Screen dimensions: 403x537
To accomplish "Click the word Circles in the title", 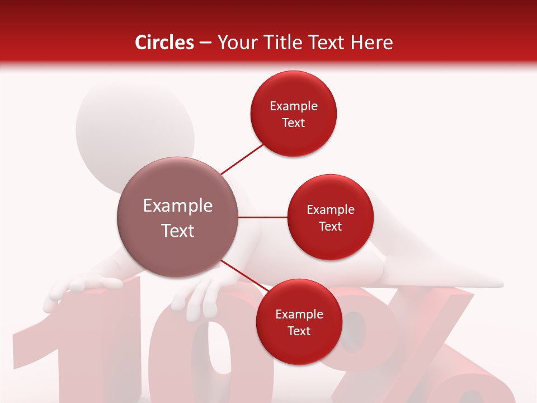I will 164,43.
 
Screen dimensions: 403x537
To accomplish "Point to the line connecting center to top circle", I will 243,159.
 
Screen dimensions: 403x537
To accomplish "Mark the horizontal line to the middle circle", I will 263,217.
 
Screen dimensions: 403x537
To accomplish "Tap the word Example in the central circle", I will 178,206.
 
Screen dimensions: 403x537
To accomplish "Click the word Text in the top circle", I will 294,123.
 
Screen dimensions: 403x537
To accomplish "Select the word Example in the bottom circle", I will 299,315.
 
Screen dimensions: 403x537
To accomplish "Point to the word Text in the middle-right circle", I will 330,226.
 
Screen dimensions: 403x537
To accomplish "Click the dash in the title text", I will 205,43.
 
